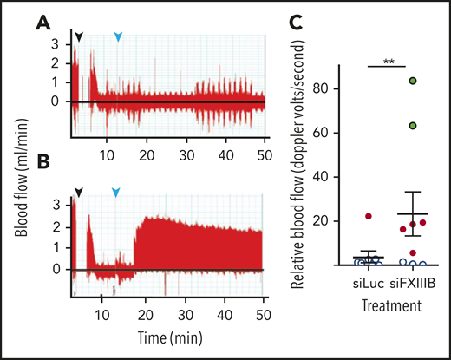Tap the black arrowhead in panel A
click(x=80, y=36)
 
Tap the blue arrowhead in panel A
click(x=119, y=36)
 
